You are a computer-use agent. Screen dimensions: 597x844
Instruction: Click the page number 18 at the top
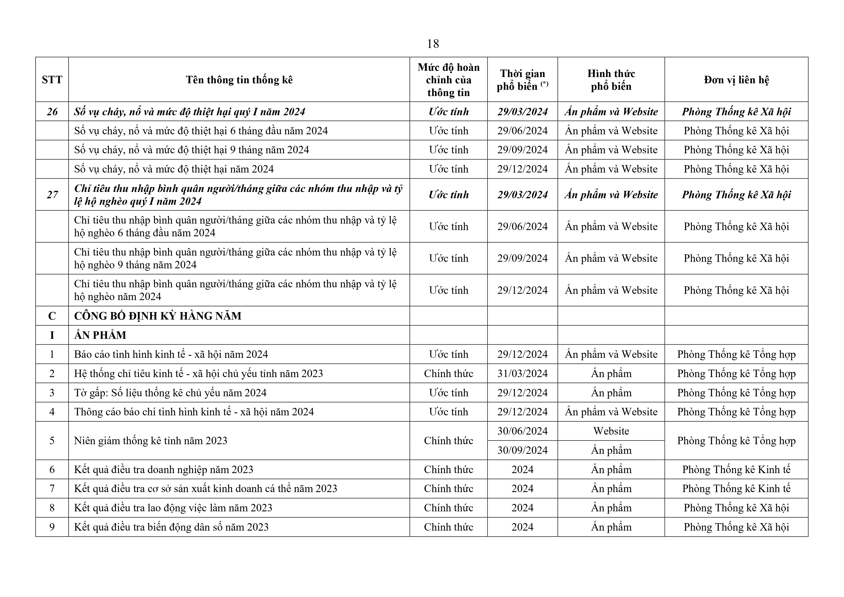[433, 44]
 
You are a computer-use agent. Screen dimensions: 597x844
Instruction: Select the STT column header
[52, 80]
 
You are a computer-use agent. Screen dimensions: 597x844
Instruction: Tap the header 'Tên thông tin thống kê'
[239, 80]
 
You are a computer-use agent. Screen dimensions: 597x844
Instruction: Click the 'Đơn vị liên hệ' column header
[736, 80]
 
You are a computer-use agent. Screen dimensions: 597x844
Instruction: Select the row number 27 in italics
[52, 195]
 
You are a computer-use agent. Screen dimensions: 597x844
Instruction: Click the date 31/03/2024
[522, 373]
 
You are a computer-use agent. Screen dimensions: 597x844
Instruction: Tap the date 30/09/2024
[522, 450]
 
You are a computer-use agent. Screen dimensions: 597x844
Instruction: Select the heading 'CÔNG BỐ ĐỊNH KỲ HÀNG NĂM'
[158, 316]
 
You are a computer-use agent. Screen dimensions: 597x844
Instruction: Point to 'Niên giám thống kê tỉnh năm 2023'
[151, 441]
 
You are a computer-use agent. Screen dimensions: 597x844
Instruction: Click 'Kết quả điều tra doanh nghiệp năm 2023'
[164, 469]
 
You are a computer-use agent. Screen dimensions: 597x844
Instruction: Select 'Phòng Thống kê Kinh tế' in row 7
[736, 488]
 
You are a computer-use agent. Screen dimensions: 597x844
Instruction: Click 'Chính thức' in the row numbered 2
[449, 373]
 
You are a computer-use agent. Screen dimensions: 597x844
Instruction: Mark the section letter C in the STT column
[52, 316]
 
